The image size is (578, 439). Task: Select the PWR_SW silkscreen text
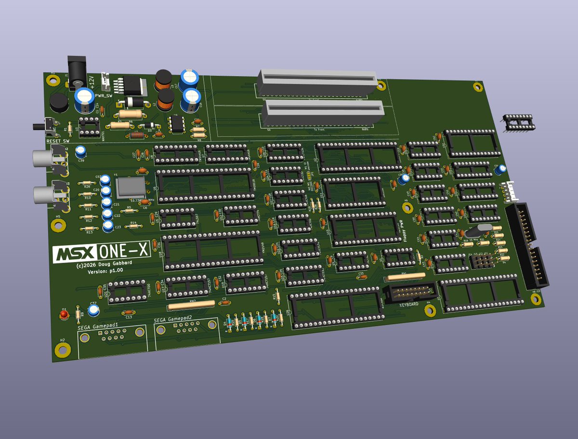[x=104, y=96]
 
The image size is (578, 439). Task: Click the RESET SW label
[x=58, y=141]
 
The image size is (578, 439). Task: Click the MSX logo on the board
[x=74, y=254]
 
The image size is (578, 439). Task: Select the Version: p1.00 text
[x=105, y=271]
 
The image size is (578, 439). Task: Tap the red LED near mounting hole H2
[x=64, y=315]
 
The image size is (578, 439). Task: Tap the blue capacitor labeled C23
[x=109, y=225]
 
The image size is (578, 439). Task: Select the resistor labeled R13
[x=89, y=228]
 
